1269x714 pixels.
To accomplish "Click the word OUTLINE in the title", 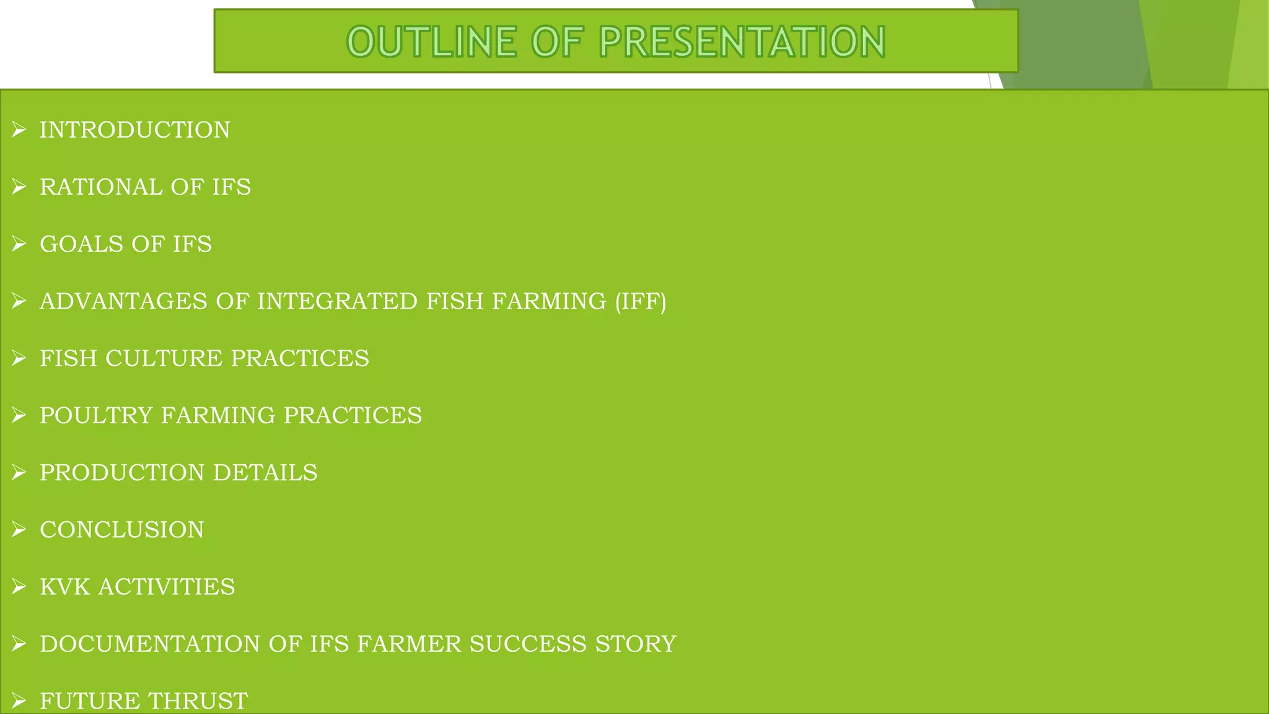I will click(431, 42).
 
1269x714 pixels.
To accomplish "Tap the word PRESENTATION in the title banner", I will click(742, 42).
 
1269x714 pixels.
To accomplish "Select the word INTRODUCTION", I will click(135, 130).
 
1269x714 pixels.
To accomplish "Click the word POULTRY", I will click(96, 415).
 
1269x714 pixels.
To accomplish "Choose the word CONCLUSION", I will click(122, 530).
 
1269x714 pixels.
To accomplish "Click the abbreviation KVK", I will click(65, 587).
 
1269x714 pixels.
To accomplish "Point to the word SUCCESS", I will click(529, 644).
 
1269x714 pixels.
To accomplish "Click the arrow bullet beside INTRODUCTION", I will click(19, 130).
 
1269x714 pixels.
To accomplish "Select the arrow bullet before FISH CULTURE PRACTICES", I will click(19, 358).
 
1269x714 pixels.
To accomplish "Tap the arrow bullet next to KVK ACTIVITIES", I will click(19, 587).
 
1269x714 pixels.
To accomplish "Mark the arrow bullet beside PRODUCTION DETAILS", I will click(19, 472).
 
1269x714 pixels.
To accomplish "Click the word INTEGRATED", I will click(337, 301).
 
